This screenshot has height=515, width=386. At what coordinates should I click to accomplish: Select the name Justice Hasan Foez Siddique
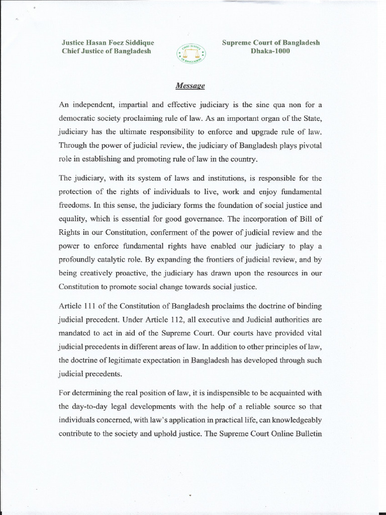click(x=108, y=43)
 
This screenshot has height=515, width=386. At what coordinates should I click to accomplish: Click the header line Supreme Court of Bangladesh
click(x=271, y=43)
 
